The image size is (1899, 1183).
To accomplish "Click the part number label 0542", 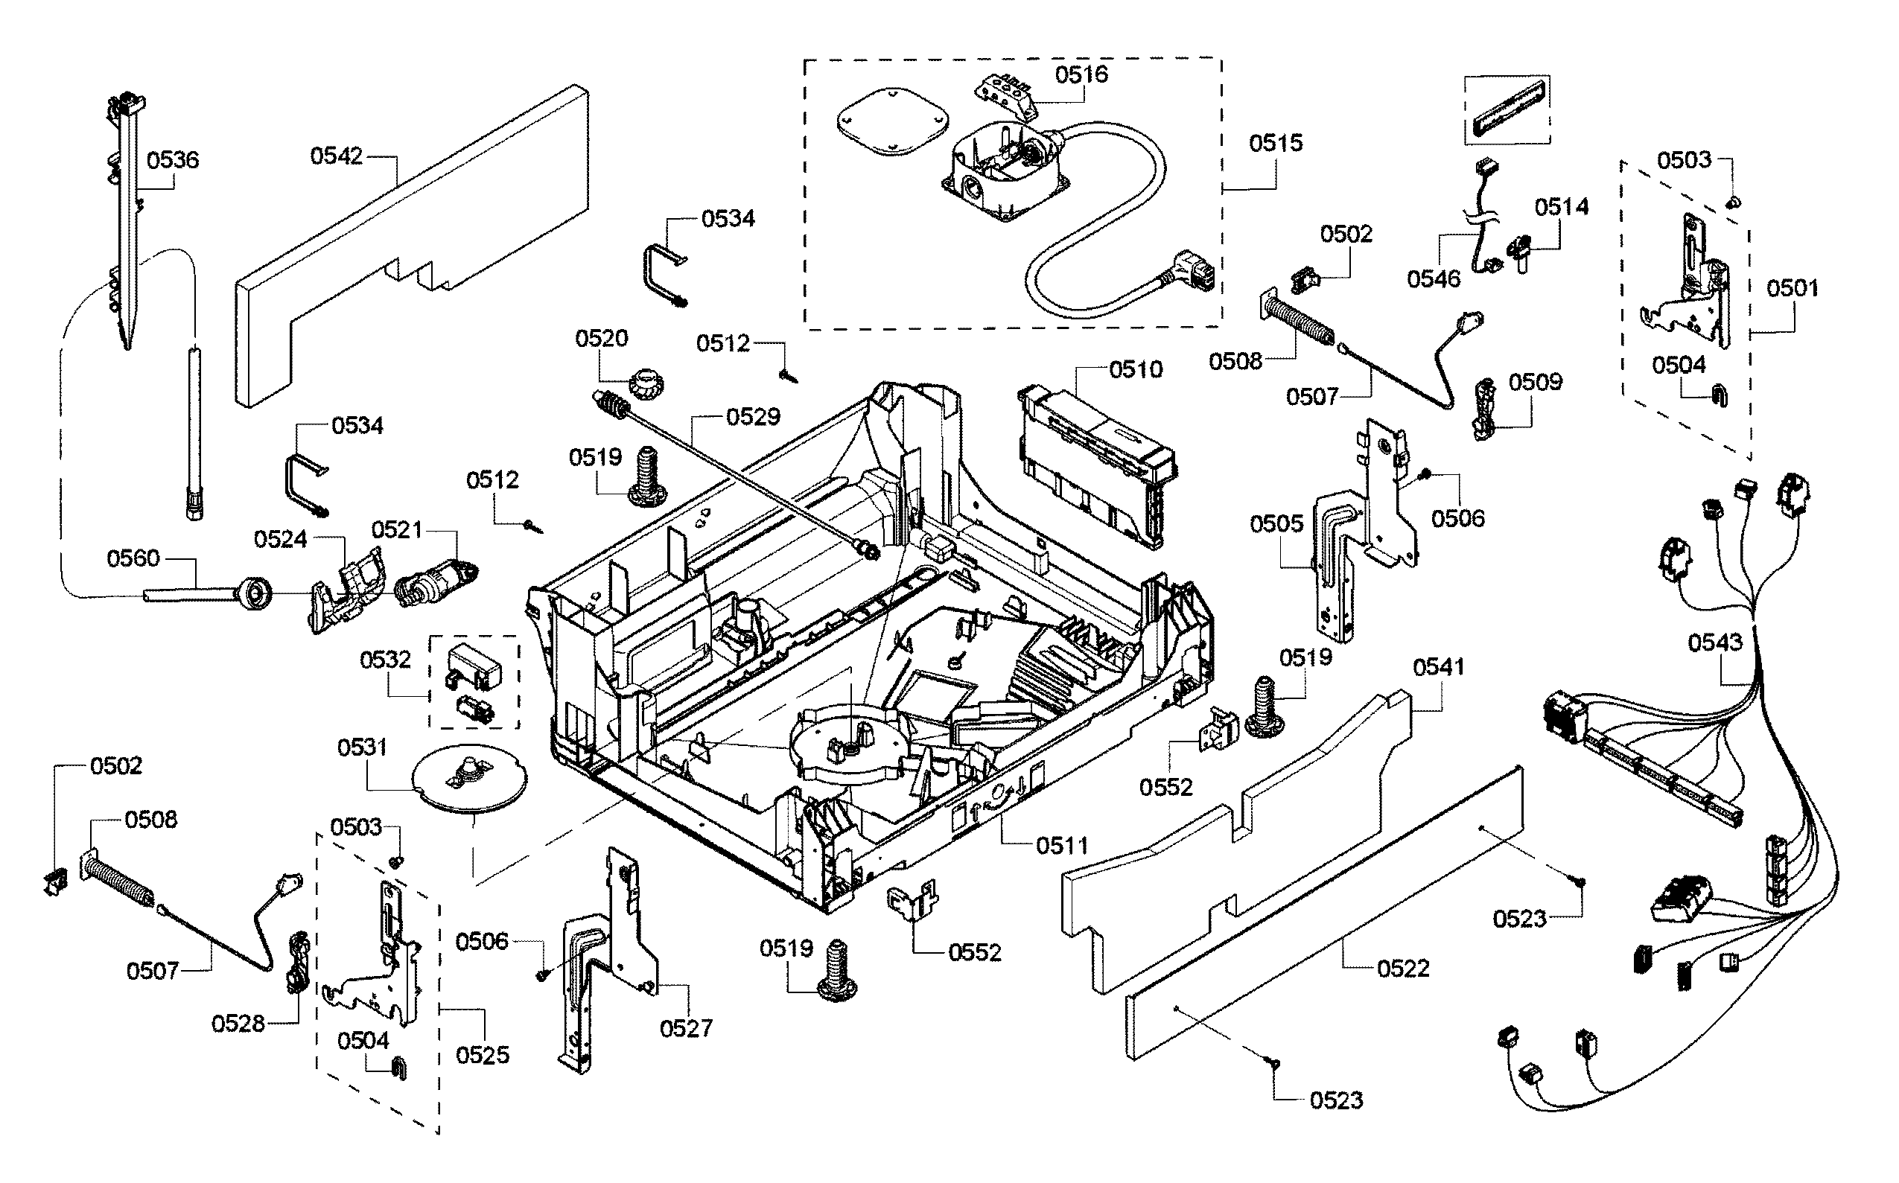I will pos(337,156).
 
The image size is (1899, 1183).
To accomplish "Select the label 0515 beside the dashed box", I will pos(1276,143).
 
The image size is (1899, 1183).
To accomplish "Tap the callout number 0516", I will pos(1081,75).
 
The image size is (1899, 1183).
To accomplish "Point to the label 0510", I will pos(1136,369).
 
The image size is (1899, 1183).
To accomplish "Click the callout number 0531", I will pos(362,748).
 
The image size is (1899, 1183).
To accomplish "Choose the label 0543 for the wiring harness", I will pos(1715,643).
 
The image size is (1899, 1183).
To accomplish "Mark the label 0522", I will pos(1404,969).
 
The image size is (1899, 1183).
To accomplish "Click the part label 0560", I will pos(133,558).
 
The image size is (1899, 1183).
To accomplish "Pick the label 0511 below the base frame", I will pos(1063,846).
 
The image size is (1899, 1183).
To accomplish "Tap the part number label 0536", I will pos(173,160).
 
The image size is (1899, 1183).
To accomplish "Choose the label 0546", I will pos(1434,279).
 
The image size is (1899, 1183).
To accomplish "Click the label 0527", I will pos(686,1028).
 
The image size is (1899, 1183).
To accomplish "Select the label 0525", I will pos(482,1056).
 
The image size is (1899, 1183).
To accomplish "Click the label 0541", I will pos(1438,667).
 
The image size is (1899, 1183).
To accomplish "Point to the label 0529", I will pos(753,417).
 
